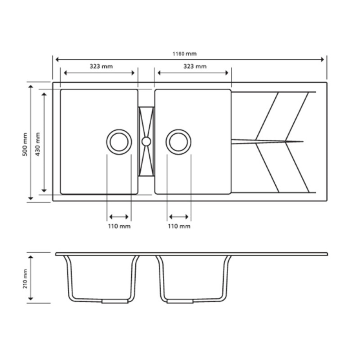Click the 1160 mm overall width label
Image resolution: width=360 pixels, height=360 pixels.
(184, 54)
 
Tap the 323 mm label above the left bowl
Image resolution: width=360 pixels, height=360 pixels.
(101, 66)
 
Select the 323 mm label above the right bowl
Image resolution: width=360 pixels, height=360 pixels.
(195, 66)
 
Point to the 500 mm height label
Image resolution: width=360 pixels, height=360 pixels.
(25, 144)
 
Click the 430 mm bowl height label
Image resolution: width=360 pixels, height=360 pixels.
(38, 144)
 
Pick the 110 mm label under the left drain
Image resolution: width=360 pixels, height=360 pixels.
(119, 226)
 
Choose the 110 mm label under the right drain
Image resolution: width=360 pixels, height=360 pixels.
(179, 226)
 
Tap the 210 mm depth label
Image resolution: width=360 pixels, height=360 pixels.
(25, 279)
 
